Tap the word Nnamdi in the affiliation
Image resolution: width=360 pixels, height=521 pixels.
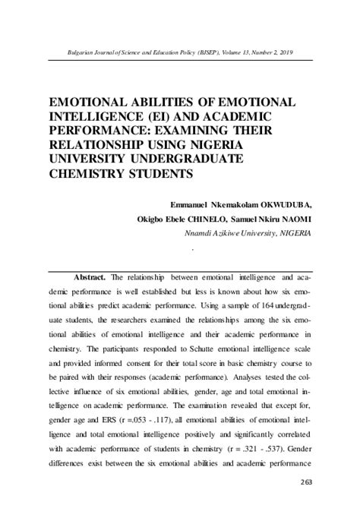click(201, 232)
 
